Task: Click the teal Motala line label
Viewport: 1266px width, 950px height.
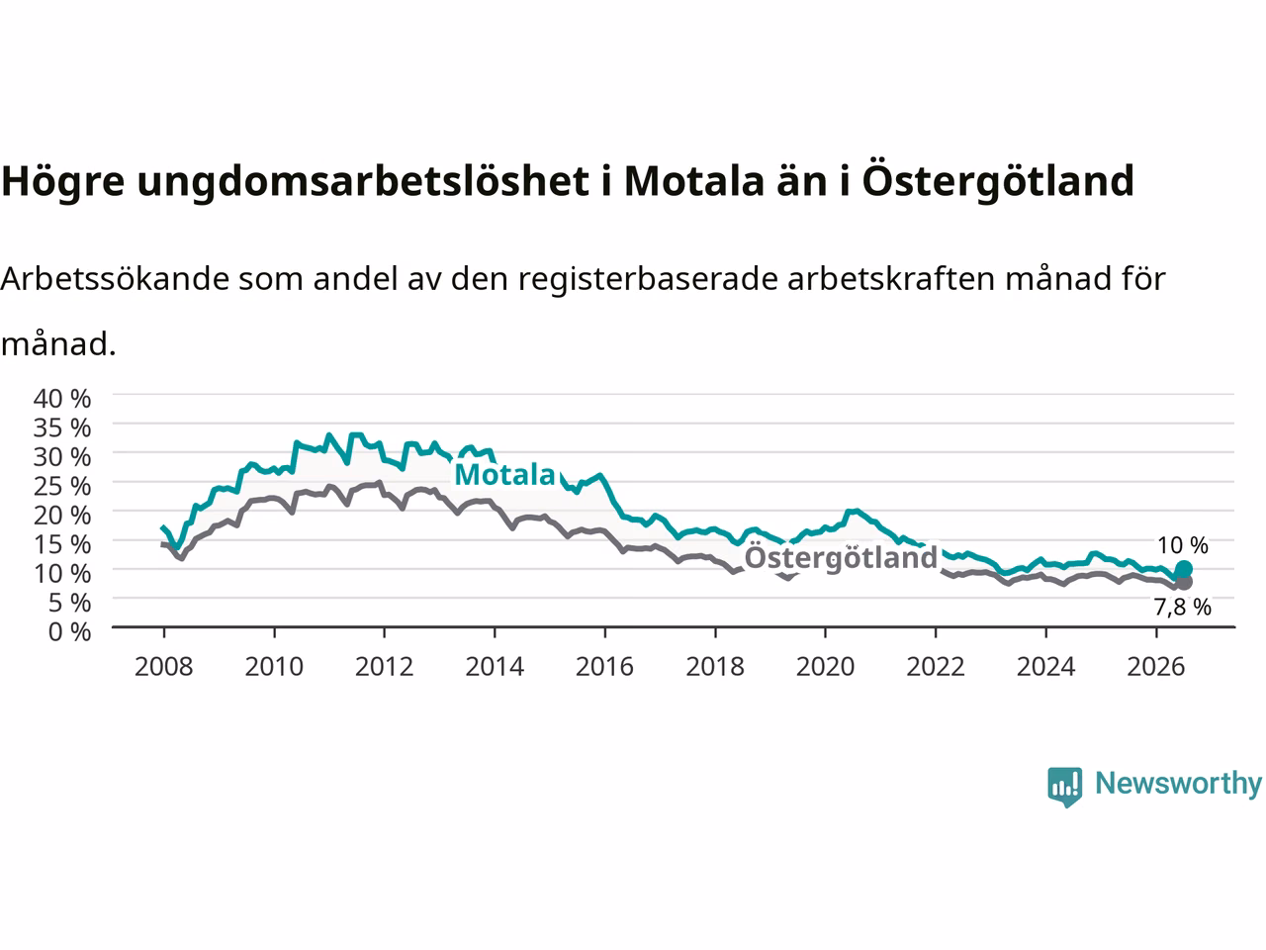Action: tap(504, 475)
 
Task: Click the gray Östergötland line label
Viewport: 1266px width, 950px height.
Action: tap(841, 558)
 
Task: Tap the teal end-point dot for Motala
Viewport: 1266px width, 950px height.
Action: tap(1183, 569)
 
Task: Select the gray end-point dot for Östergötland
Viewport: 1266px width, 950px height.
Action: tap(1183, 582)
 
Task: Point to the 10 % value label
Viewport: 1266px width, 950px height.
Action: tap(1182, 545)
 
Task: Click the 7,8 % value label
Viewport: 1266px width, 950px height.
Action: tap(1182, 607)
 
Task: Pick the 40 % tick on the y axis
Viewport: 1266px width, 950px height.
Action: tap(61, 399)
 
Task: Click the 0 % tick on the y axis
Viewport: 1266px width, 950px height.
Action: tap(69, 631)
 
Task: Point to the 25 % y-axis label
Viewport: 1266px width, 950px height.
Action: tap(61, 486)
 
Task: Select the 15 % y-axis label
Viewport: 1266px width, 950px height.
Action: tap(61, 544)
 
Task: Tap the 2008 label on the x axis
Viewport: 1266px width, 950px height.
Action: tap(164, 667)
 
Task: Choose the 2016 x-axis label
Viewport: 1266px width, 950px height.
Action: tap(604, 667)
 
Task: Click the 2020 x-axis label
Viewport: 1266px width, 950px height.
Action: tap(825, 667)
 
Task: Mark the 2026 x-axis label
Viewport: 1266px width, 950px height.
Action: tap(1156, 667)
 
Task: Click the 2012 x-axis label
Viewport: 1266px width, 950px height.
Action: tap(384, 667)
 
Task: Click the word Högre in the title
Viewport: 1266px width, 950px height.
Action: tap(62, 182)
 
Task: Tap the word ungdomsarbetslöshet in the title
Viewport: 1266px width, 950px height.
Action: tap(363, 182)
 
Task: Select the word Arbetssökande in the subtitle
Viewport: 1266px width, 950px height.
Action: tap(115, 279)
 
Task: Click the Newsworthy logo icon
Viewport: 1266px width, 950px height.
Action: tap(1064, 787)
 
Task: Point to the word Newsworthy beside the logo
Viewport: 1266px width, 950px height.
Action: tap(1178, 784)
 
